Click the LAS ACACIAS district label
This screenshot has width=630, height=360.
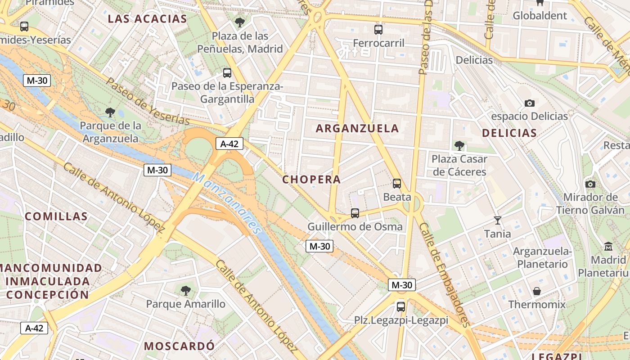148,19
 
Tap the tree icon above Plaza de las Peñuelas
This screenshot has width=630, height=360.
240,22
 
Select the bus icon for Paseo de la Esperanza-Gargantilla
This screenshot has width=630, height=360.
227,73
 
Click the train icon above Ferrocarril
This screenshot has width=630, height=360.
378,30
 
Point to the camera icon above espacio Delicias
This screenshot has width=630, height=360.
530,103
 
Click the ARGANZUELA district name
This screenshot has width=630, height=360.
357,128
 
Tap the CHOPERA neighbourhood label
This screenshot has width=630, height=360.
311,180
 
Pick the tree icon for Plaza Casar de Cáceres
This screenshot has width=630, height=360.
459,145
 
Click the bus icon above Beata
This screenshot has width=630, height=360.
397,184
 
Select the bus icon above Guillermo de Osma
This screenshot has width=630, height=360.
355,213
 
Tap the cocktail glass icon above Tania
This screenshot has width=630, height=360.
497,220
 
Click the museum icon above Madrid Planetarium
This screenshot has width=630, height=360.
609,247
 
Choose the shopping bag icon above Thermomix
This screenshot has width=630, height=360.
537,291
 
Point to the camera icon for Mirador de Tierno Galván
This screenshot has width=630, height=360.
590,184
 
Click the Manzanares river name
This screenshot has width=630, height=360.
227,203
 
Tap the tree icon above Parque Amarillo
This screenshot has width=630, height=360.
186,291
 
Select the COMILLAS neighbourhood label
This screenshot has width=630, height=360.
56,216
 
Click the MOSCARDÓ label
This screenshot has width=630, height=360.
179,346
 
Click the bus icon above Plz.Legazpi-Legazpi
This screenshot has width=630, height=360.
401,307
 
